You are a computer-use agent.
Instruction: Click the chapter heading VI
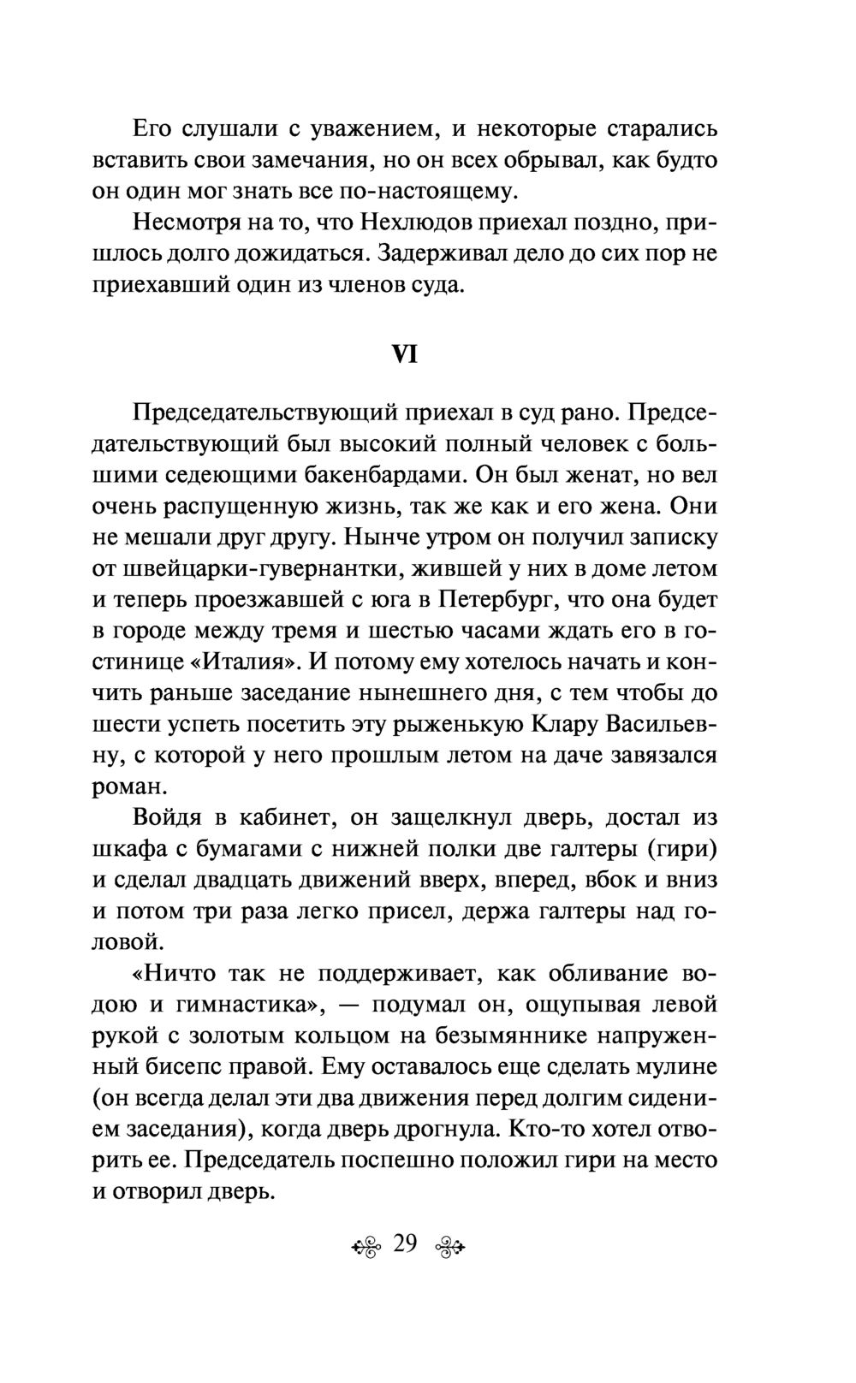coord(403,354)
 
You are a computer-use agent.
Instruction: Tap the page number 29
coord(404,1243)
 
